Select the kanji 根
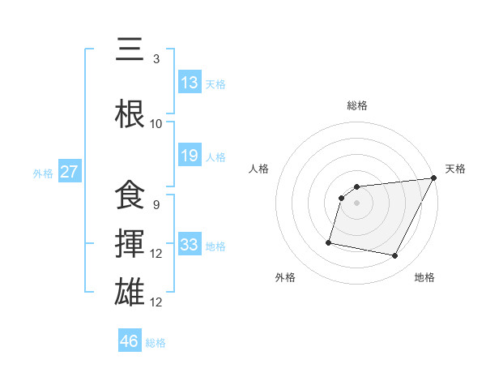(x=131, y=114)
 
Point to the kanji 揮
(x=131, y=244)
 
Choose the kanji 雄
(x=131, y=293)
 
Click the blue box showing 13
(x=190, y=82)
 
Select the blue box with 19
(x=190, y=156)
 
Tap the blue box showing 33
(x=190, y=245)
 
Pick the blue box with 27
(x=70, y=171)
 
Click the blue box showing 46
(x=130, y=340)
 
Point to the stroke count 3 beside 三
(x=156, y=59)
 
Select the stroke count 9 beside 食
(x=156, y=205)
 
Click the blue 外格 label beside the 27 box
(x=43, y=173)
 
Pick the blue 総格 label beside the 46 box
(x=156, y=342)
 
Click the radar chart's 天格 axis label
(x=455, y=169)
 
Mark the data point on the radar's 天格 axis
(x=434, y=178)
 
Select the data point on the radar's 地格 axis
(x=395, y=256)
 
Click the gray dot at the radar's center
(x=356, y=203)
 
